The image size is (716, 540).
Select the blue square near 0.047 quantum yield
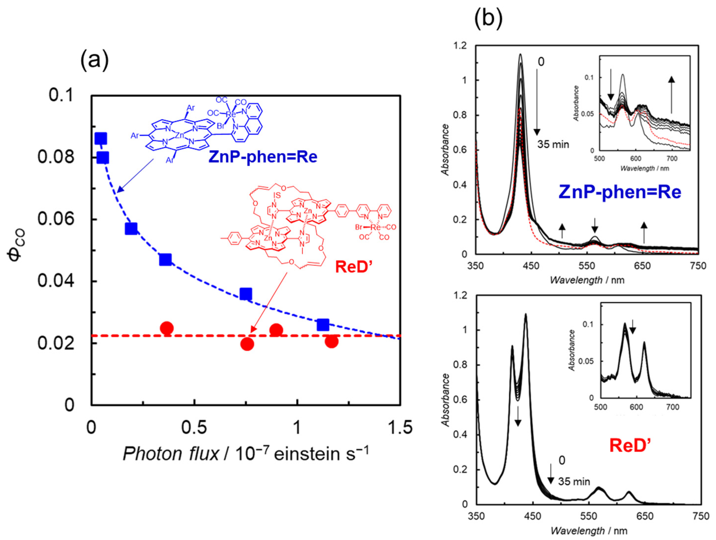tap(165, 259)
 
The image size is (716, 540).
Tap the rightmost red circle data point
tap(331, 341)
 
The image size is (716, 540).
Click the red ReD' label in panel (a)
tap(354, 267)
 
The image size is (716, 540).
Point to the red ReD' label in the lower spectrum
tap(630, 446)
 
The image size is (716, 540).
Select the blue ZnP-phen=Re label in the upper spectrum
tap(620, 192)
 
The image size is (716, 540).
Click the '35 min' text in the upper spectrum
tap(553, 144)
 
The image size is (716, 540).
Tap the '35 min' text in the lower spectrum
tap(574, 482)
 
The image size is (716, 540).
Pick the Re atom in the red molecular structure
tap(376, 227)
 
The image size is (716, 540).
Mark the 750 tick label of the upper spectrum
tap(698, 266)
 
